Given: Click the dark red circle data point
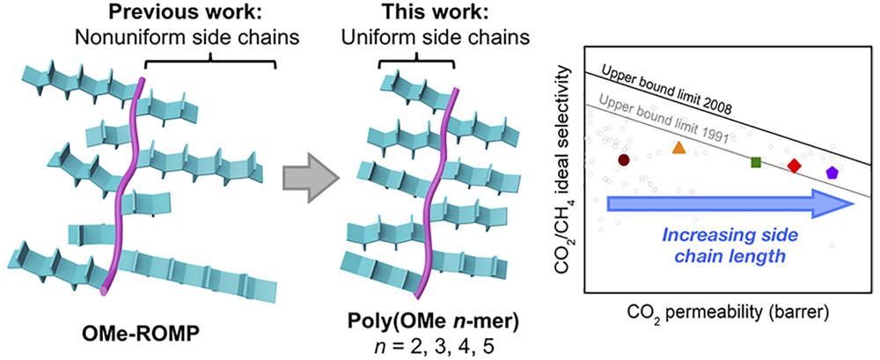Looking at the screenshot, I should tap(623, 160).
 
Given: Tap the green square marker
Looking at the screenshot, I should tap(755, 162).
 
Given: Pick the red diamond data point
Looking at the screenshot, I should tap(794, 165).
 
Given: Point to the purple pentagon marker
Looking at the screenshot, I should tap(832, 173).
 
